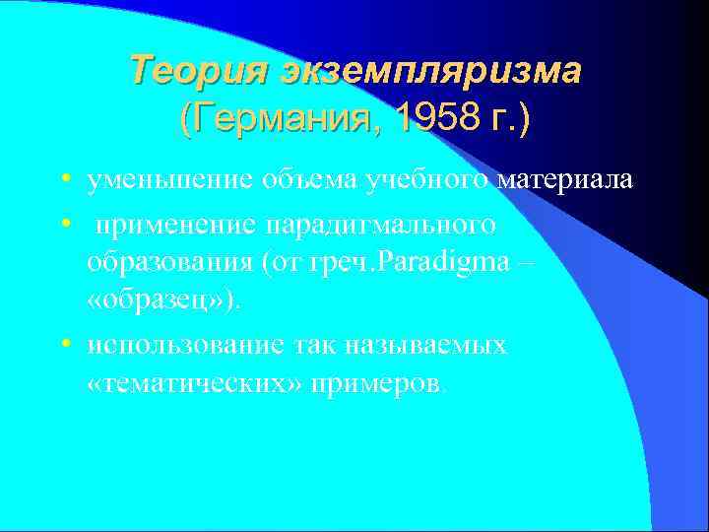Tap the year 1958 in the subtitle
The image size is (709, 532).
[423, 119]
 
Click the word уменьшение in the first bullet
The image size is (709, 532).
[167, 180]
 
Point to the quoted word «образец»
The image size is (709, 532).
[161, 300]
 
